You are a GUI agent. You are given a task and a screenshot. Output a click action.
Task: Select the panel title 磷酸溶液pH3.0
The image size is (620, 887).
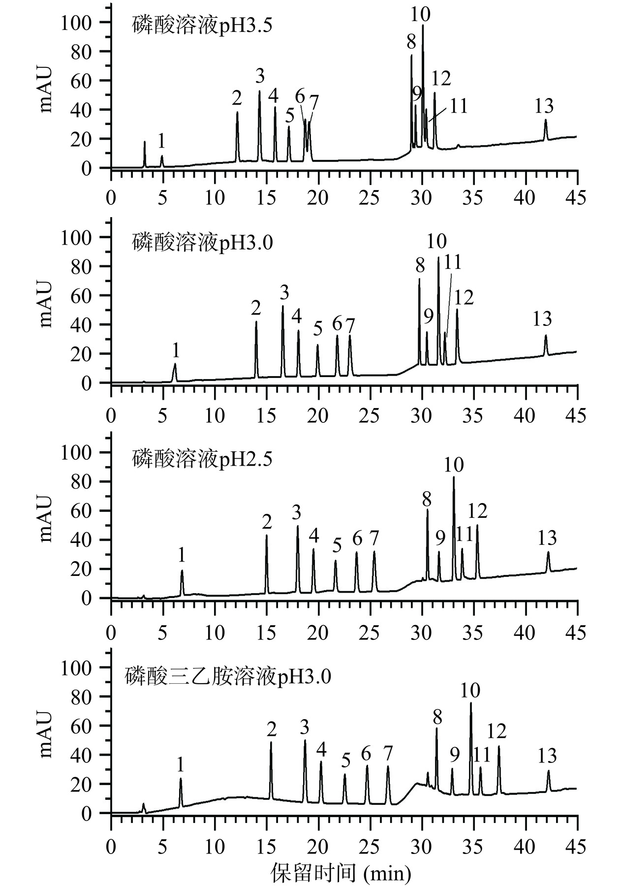[202, 242]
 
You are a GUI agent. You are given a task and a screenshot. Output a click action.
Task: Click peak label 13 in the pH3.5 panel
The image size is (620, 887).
[544, 106]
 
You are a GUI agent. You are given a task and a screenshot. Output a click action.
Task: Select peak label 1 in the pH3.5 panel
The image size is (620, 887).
[161, 142]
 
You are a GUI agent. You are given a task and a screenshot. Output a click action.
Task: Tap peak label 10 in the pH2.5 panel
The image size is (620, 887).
[454, 464]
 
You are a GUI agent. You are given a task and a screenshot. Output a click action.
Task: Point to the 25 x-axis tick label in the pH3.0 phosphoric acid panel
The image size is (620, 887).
[369, 416]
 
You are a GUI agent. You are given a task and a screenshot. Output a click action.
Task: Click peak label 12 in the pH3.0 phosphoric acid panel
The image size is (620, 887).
[464, 298]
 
